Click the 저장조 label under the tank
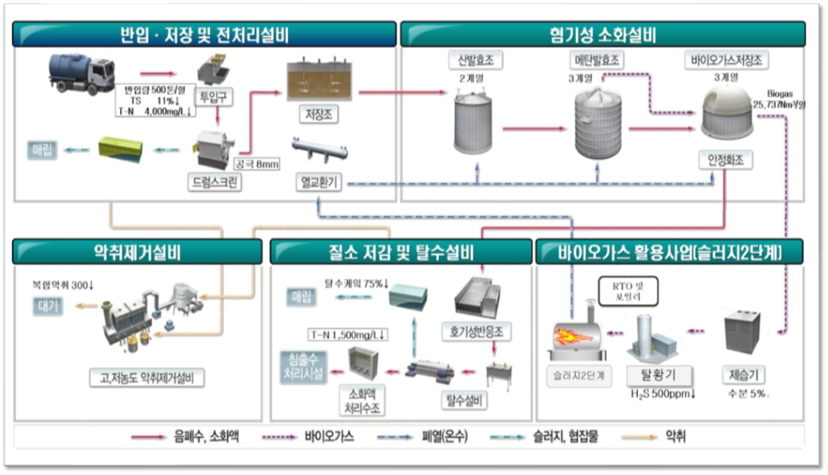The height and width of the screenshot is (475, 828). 317,113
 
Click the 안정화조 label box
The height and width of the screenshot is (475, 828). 725,161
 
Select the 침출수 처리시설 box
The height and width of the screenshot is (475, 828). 302,367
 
